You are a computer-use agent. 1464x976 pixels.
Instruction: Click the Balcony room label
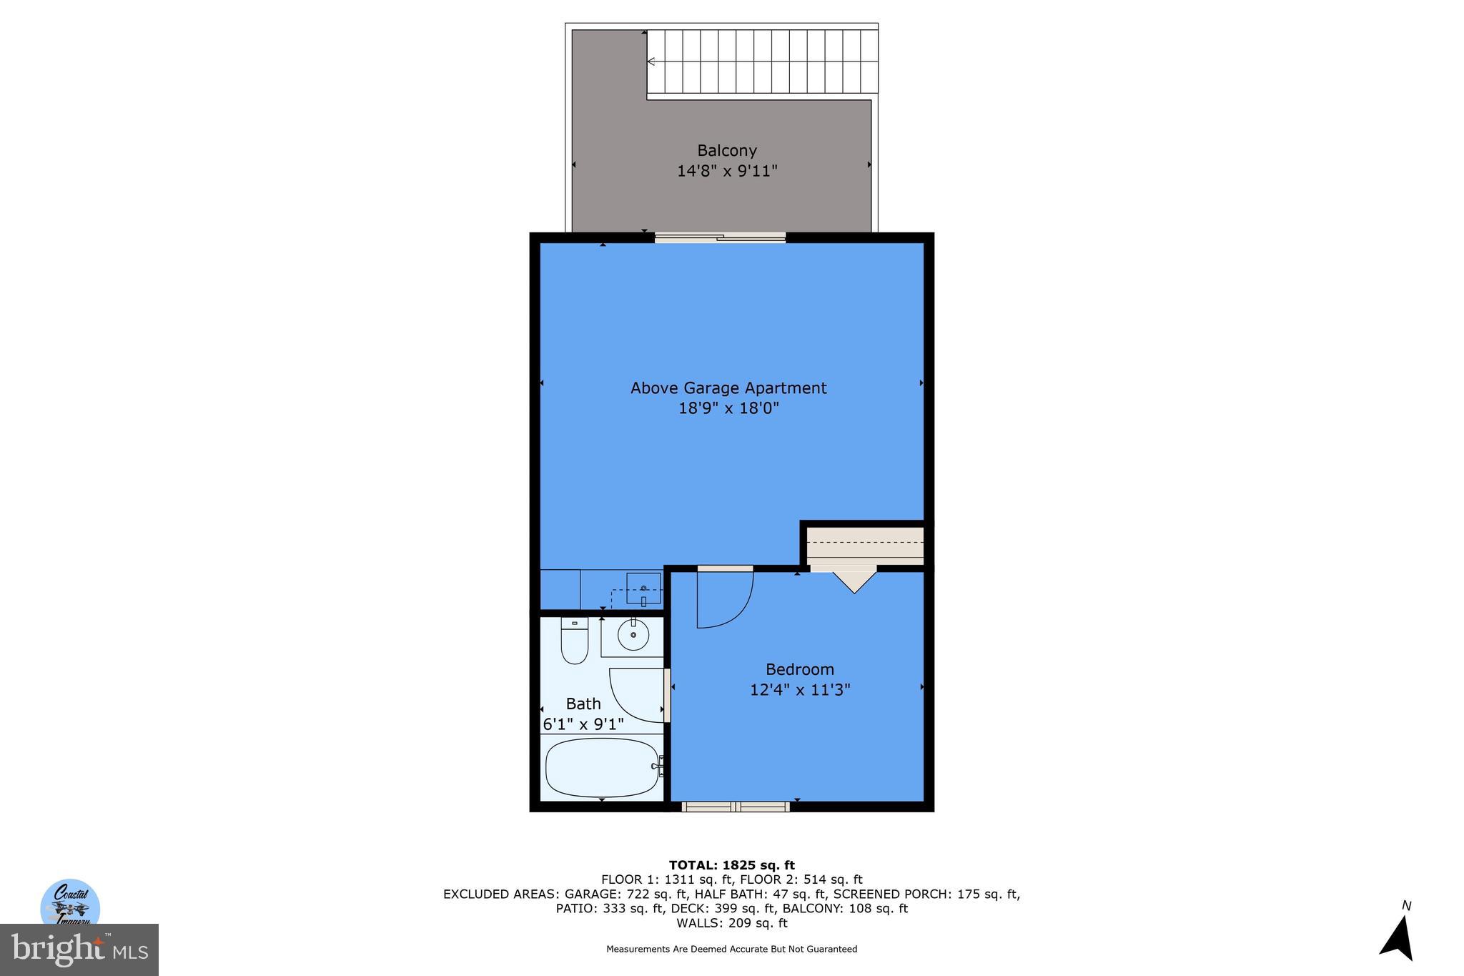pos(726,151)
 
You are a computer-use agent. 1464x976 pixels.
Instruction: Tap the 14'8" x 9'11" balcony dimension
pos(726,172)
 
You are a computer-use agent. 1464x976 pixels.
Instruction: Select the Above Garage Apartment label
pos(728,388)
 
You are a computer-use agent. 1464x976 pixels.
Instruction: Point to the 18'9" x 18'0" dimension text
pos(728,408)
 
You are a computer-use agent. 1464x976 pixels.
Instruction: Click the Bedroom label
pos(799,669)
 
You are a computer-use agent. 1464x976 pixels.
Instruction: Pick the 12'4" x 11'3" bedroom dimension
pos(799,690)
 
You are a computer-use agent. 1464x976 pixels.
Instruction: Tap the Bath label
pos(583,704)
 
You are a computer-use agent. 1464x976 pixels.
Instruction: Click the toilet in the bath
pos(574,641)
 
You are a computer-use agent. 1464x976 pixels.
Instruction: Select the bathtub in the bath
pos(601,767)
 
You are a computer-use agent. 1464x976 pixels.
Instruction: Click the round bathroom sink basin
pos(633,635)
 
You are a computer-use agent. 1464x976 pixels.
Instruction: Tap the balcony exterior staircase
pos(762,62)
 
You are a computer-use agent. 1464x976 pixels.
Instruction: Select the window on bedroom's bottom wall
pos(736,807)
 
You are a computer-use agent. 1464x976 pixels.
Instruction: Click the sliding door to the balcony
pos(720,238)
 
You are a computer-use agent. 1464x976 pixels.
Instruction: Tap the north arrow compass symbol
pos(1398,937)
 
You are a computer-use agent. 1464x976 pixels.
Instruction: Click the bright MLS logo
pos(79,950)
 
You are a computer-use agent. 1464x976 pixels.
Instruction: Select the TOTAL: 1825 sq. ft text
pos(731,865)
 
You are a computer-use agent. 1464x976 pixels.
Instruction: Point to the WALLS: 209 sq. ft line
pos(731,923)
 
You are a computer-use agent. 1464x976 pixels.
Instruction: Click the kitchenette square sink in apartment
pos(643,588)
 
